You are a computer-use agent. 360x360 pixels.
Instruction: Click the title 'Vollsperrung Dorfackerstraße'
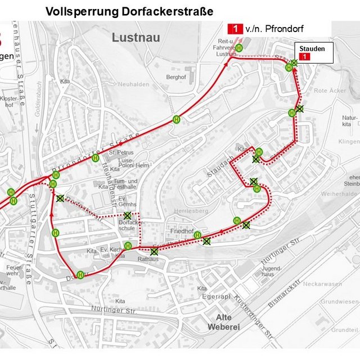(129, 11)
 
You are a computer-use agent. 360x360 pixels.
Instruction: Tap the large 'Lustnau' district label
(136, 38)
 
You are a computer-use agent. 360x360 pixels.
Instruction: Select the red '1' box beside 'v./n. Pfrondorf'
(235, 28)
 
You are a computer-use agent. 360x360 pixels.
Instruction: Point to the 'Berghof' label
(175, 76)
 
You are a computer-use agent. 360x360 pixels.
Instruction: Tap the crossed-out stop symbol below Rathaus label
(154, 251)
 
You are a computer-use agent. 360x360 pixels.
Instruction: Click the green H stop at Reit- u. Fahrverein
(239, 48)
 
